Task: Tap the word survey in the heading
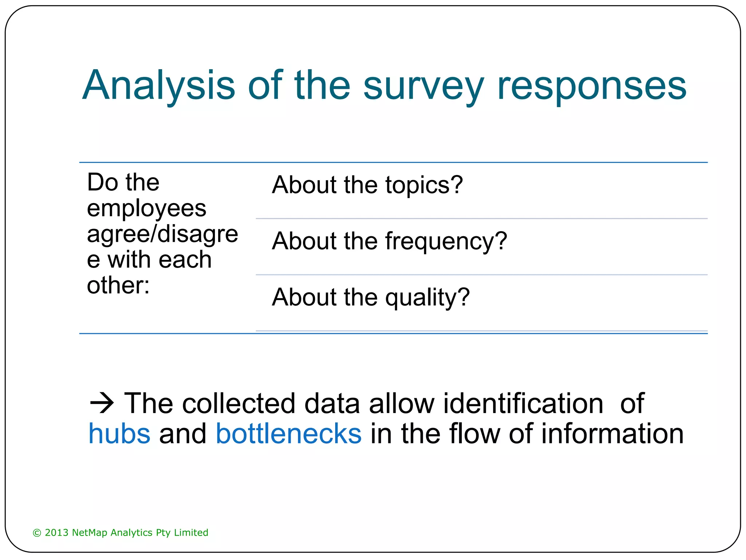(423, 86)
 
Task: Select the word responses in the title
(592, 86)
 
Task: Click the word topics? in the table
(424, 185)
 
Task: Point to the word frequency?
(446, 241)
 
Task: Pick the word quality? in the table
(427, 297)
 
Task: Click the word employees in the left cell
(146, 209)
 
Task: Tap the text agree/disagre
(162, 234)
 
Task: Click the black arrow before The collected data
(102, 403)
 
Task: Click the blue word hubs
(119, 434)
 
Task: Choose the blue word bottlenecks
(289, 434)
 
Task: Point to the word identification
(523, 403)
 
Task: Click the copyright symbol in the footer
(37, 533)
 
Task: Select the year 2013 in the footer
(56, 533)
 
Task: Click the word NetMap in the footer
(90, 533)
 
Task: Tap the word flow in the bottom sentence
(475, 434)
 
